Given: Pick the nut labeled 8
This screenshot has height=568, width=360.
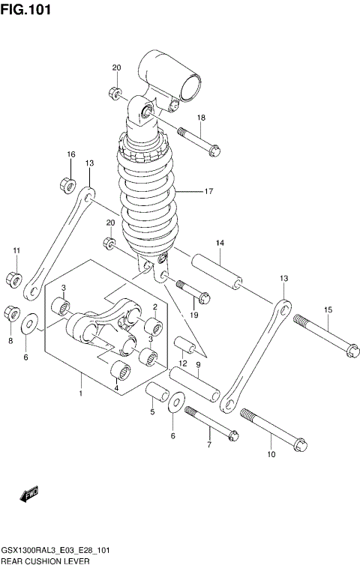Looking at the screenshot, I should (x=11, y=312).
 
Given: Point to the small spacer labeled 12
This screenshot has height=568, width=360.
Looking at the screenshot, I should (x=186, y=347).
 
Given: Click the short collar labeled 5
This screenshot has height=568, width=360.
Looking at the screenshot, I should (x=156, y=392).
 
